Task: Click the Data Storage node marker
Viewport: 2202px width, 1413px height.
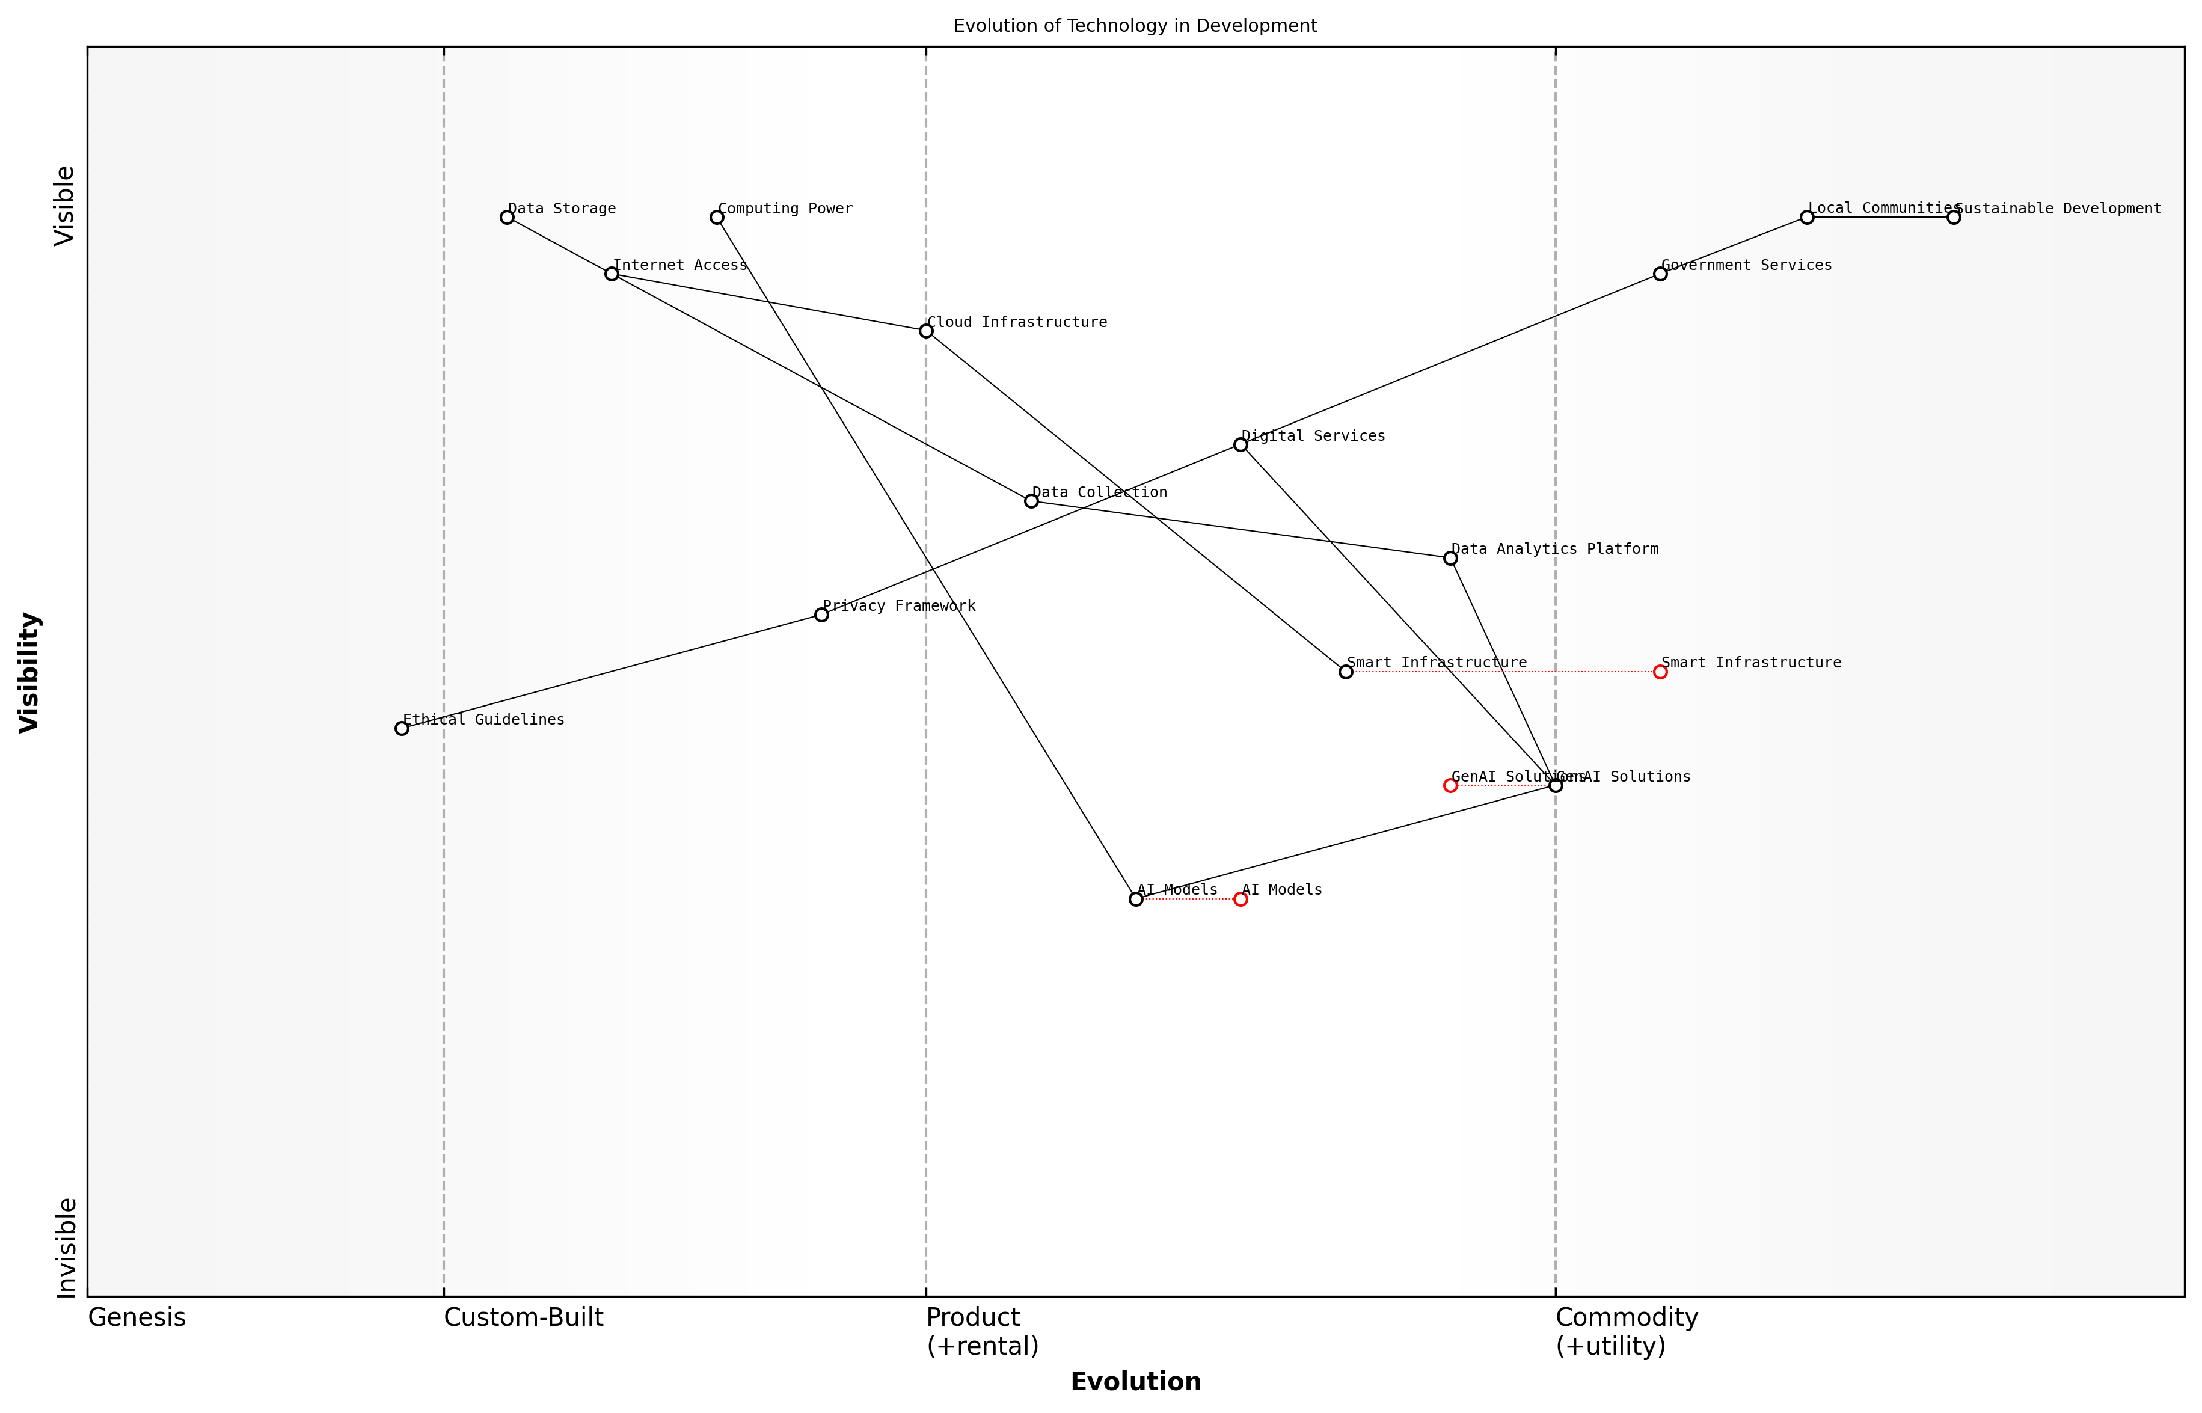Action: [506, 218]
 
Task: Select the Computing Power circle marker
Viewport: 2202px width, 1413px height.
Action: [717, 218]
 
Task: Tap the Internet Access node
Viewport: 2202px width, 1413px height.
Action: [612, 274]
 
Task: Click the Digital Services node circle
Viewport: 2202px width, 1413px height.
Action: [1241, 445]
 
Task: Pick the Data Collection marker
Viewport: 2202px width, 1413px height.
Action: [1031, 501]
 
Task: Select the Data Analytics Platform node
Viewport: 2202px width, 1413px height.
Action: [1450, 558]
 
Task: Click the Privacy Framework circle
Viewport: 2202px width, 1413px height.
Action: [821, 615]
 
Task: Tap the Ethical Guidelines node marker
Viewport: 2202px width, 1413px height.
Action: [402, 729]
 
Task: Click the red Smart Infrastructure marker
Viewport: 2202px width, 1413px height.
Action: [1660, 672]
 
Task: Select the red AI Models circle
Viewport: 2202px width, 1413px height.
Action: [1241, 899]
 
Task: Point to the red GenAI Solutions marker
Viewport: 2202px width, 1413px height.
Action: [1450, 785]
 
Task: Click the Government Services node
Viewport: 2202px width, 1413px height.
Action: [1660, 274]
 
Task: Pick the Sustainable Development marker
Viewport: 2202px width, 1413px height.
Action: [1953, 218]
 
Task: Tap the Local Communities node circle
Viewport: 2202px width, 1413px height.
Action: [1806, 218]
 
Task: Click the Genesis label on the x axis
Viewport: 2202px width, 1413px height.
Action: [136, 1317]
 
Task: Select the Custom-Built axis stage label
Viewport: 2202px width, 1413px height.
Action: [523, 1317]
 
